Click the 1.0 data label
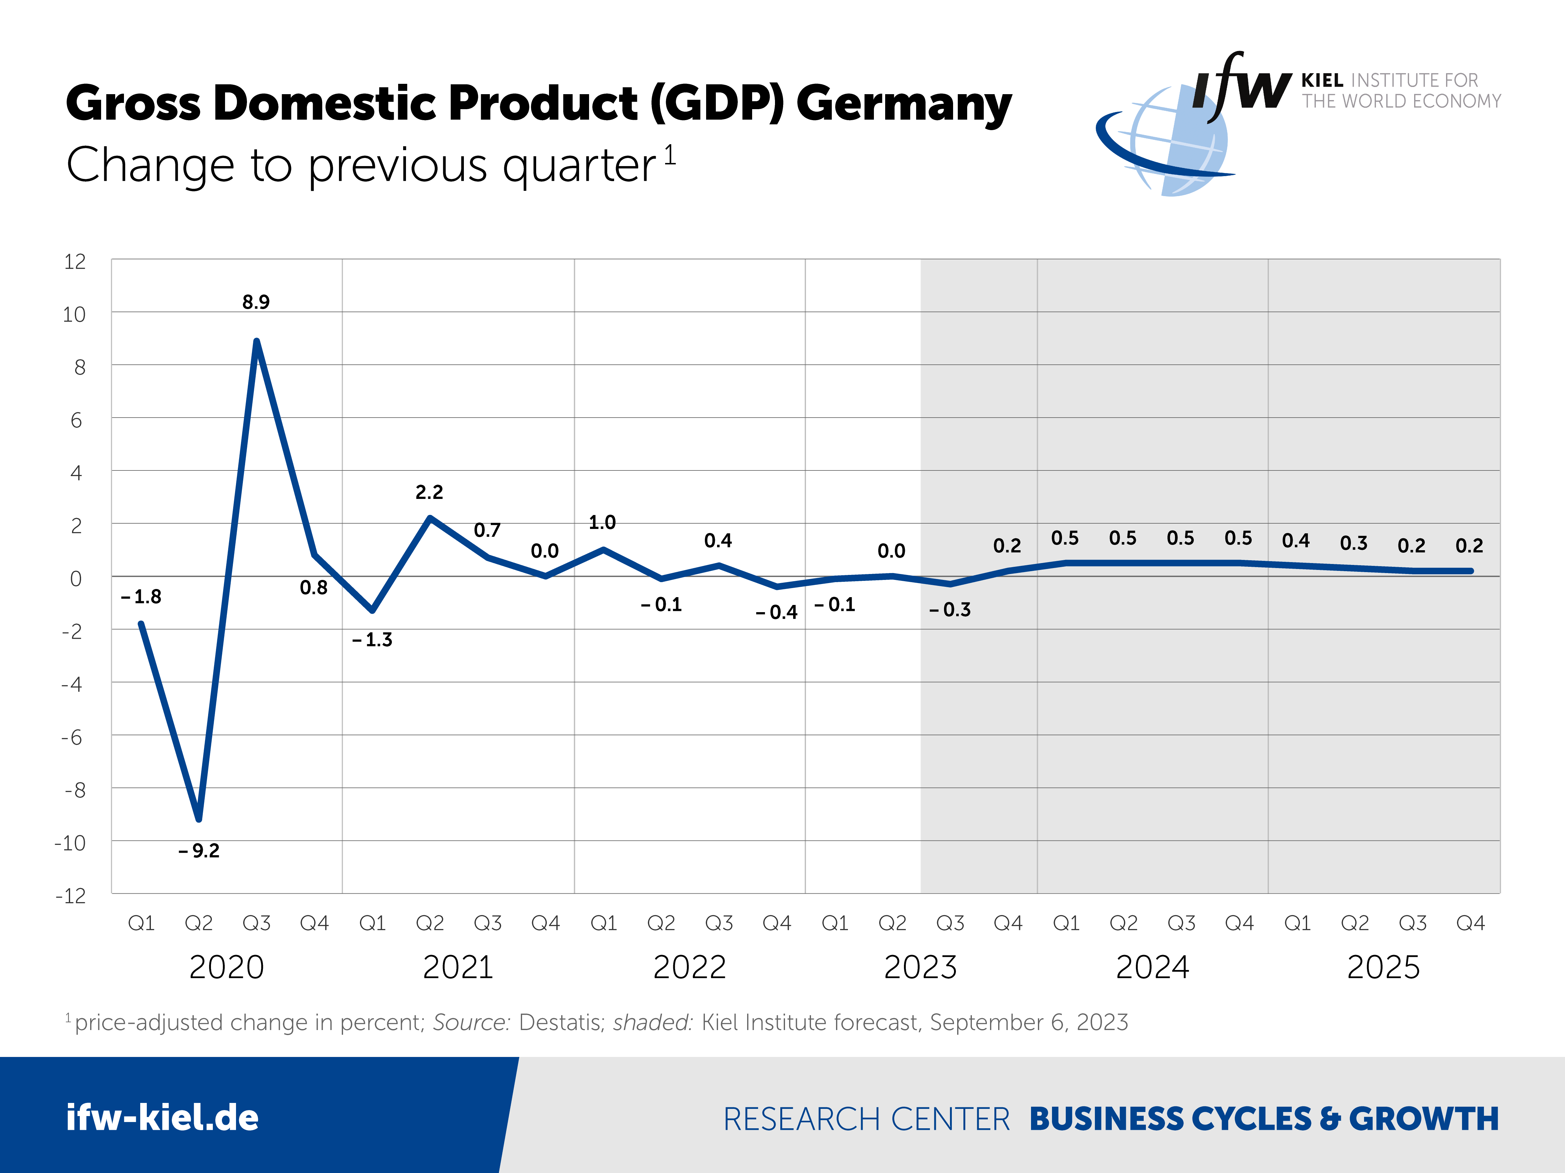click(602, 522)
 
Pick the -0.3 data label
click(950, 609)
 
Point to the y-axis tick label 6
click(76, 421)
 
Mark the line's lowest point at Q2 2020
click(199, 819)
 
